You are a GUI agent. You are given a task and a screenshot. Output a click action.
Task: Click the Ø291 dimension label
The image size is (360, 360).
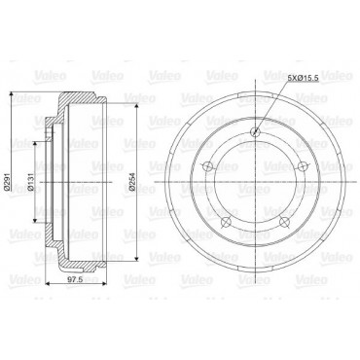click(x=6, y=182)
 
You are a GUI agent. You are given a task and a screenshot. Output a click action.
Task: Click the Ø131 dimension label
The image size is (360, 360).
click(x=30, y=182)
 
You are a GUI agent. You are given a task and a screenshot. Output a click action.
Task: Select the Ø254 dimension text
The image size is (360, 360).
click(x=132, y=182)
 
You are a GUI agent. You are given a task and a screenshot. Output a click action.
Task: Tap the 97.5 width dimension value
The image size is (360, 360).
click(x=74, y=280)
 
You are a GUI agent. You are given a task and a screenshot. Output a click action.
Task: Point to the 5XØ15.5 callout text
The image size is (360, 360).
click(x=303, y=78)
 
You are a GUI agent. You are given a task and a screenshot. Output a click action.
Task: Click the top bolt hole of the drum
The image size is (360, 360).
click(x=256, y=131)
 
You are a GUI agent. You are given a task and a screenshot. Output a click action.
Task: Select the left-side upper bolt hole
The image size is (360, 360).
click(x=208, y=166)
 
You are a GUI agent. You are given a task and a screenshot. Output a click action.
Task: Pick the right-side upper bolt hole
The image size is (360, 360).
click(x=303, y=166)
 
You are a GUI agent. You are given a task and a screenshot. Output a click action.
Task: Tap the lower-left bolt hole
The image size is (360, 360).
click(x=226, y=222)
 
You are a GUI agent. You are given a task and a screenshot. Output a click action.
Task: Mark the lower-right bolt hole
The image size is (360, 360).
click(x=284, y=222)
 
